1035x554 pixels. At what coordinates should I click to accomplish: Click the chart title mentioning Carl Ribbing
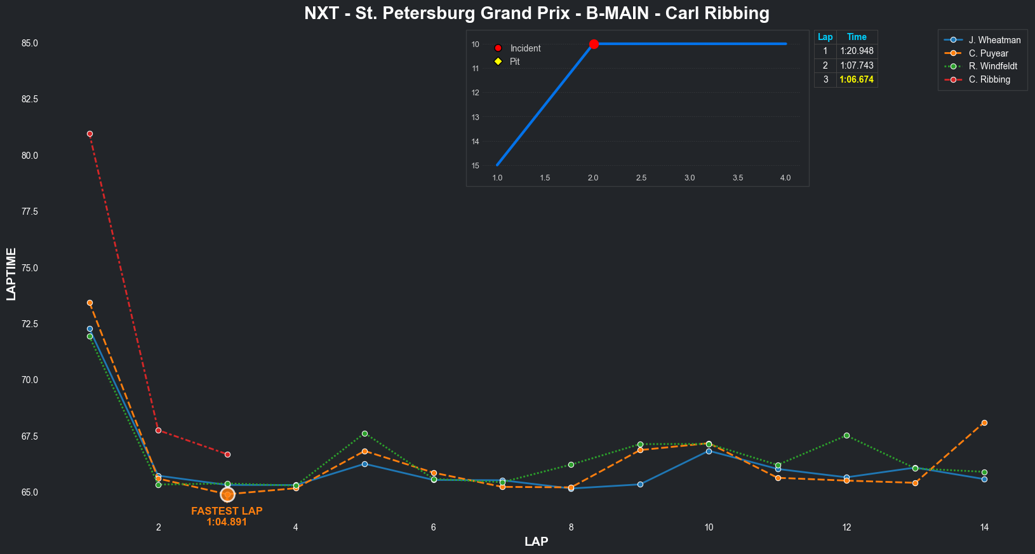(537, 13)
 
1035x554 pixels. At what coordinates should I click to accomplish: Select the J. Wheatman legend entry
(994, 40)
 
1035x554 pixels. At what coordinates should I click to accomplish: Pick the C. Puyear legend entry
(988, 53)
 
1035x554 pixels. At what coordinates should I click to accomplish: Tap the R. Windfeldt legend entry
(992, 66)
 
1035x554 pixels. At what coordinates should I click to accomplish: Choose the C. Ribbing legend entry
(989, 79)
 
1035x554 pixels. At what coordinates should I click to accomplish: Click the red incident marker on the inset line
(594, 44)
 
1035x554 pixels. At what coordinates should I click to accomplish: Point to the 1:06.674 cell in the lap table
(857, 79)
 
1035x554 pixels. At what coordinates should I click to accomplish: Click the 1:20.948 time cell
(857, 51)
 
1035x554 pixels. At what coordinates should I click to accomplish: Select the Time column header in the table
(857, 37)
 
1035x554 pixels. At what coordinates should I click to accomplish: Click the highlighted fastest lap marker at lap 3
(227, 494)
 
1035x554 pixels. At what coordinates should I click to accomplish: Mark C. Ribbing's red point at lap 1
(90, 134)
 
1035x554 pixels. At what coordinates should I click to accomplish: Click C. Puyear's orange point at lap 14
(984, 422)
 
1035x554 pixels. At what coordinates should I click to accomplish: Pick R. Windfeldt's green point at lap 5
(364, 433)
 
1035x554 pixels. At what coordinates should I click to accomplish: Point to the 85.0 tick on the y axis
(29, 43)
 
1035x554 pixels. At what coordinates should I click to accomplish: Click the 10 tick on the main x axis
(709, 527)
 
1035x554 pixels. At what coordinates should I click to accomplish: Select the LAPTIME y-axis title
(11, 274)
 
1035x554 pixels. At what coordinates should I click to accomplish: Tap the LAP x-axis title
(537, 542)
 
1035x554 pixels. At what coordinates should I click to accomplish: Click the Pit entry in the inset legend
(514, 62)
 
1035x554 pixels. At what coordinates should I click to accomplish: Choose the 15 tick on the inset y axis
(476, 166)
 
